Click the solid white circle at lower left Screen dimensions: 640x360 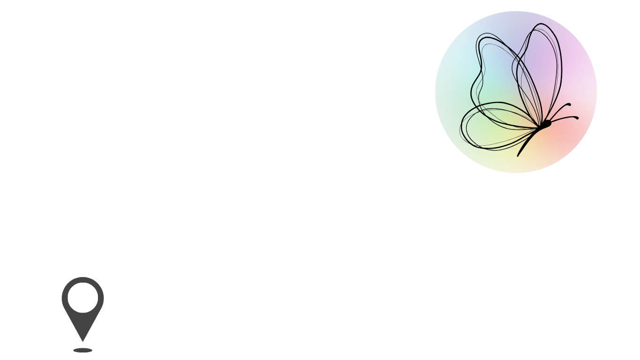pos(83,298)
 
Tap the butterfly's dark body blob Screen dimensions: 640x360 pos(546,123)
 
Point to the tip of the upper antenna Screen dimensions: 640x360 pos(569,104)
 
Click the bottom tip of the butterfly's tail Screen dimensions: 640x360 pos(518,156)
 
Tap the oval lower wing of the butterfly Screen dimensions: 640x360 pos(492,129)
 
